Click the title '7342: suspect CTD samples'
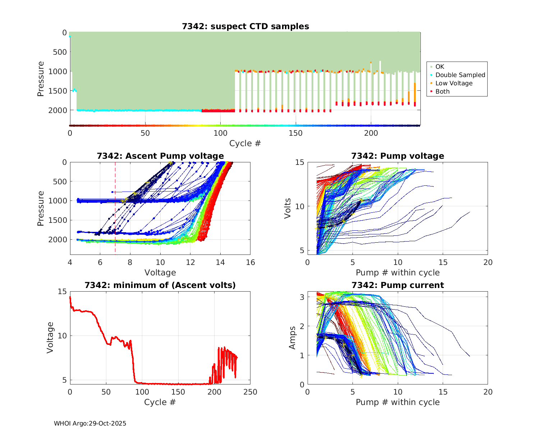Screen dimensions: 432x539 [x=245, y=26]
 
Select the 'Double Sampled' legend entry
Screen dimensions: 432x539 [x=460, y=75]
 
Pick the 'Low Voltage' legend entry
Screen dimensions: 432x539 [x=454, y=83]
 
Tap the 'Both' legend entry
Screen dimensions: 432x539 [x=442, y=91]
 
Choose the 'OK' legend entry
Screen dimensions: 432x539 [x=439, y=67]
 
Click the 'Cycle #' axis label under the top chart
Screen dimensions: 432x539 [x=245, y=143]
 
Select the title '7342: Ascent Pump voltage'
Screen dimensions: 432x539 [x=160, y=156]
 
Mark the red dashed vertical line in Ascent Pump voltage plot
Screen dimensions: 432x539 [x=115, y=216]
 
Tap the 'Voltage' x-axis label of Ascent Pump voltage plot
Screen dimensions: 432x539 [x=160, y=273]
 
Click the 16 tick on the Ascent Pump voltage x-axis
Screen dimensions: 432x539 [x=250, y=262]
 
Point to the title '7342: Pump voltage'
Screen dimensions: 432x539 [x=397, y=156]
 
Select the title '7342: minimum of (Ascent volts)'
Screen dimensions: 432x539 [x=160, y=285]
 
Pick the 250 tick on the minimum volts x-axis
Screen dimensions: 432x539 [x=250, y=392]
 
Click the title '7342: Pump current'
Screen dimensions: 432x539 [x=397, y=285]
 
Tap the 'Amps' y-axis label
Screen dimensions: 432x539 [x=293, y=338]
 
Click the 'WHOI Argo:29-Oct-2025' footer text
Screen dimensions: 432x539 [x=90, y=423]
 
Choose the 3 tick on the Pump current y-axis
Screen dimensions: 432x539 [x=302, y=297]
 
